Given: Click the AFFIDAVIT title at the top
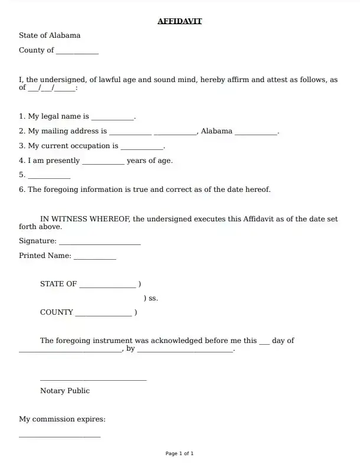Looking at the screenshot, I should [x=179, y=21].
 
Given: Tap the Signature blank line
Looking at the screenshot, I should [x=100, y=243].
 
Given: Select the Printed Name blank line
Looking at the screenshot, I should [x=94, y=257].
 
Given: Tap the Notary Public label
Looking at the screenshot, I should [x=65, y=391].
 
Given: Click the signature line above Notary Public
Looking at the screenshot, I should [x=93, y=380].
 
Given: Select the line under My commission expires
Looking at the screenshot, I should [x=60, y=436].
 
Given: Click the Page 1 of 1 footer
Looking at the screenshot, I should [x=179, y=453].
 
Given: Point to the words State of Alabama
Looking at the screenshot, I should [x=50, y=35].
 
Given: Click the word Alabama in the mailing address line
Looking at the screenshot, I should [x=217, y=131].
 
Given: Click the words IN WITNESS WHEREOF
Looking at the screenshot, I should [x=84, y=219].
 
